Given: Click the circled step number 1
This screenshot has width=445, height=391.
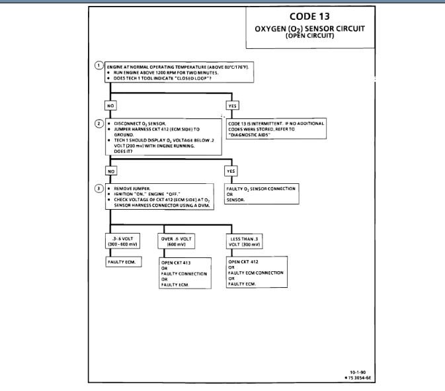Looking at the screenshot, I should click(x=99, y=66).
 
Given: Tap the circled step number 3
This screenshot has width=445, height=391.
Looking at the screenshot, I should click(x=99, y=188).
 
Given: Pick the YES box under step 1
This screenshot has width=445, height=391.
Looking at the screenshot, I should click(x=233, y=105).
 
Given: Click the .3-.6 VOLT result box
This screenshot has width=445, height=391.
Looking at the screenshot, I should click(x=121, y=240).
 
